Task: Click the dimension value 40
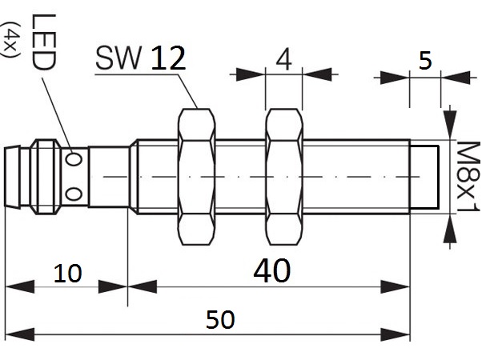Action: click(x=271, y=271)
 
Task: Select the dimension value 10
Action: click(x=68, y=274)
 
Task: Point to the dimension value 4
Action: click(x=283, y=60)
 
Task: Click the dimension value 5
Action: click(x=424, y=61)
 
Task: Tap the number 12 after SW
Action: click(x=167, y=58)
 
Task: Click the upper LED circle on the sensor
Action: click(x=74, y=159)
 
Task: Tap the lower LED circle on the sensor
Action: click(x=74, y=193)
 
